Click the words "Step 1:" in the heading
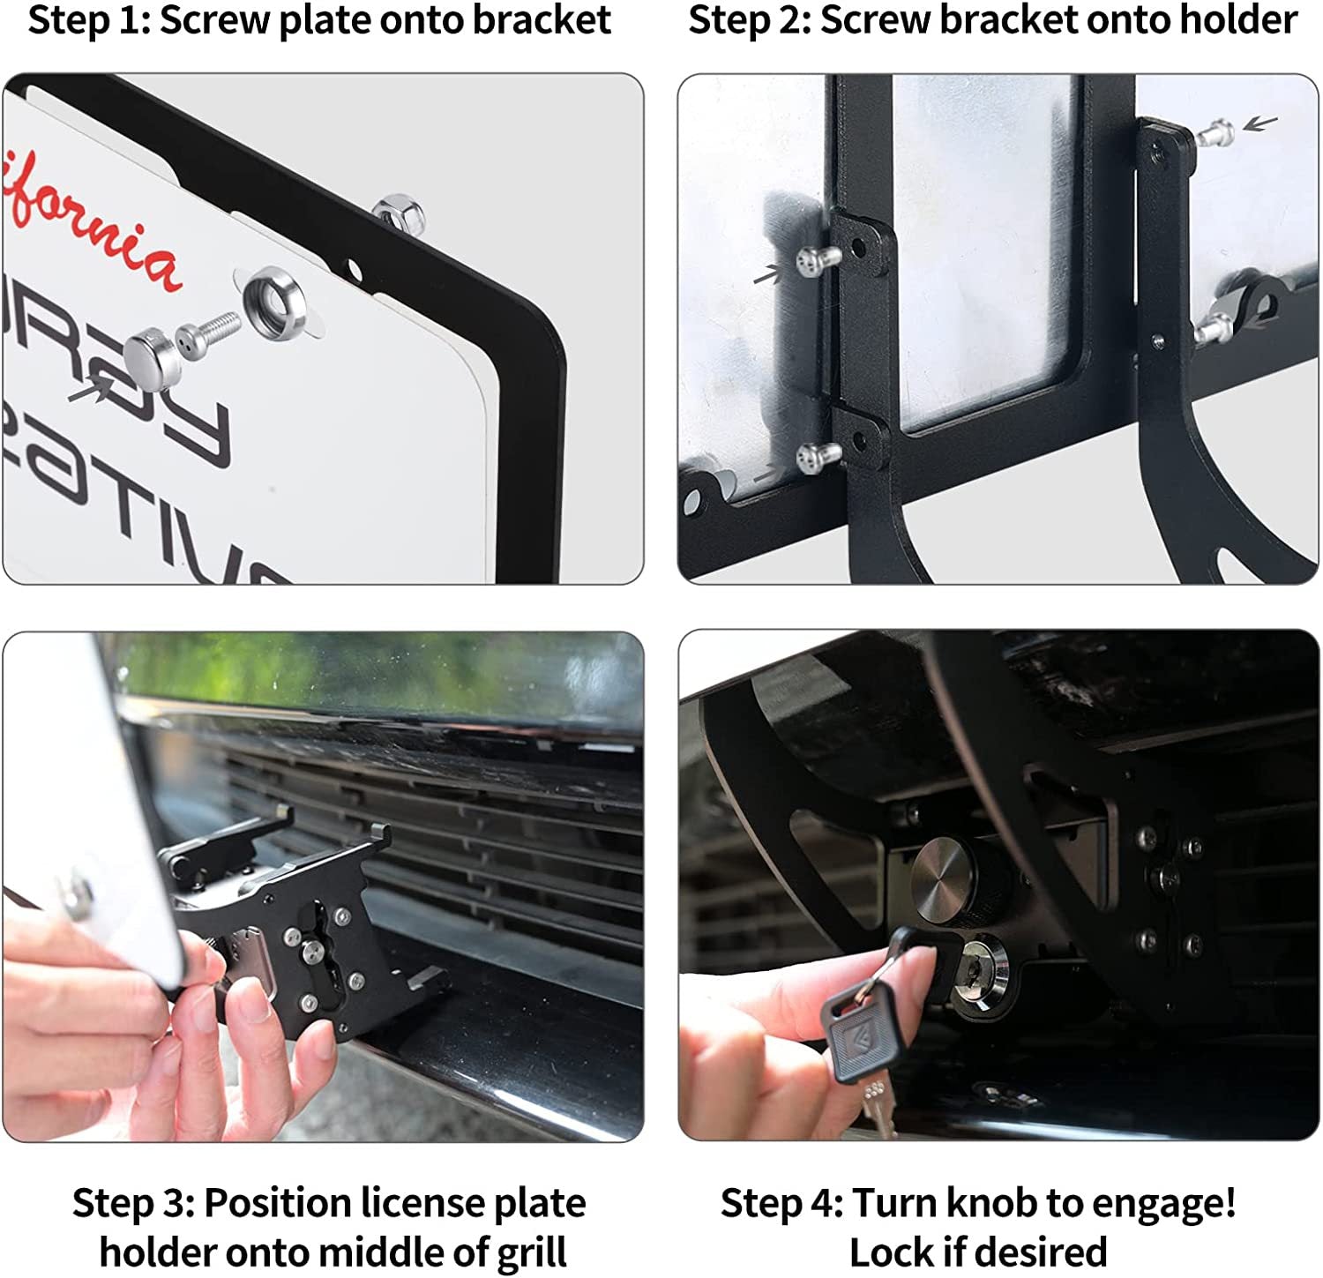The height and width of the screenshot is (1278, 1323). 89,20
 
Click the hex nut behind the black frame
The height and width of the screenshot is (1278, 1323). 398,213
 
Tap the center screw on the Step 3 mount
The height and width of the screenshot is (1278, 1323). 310,950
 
